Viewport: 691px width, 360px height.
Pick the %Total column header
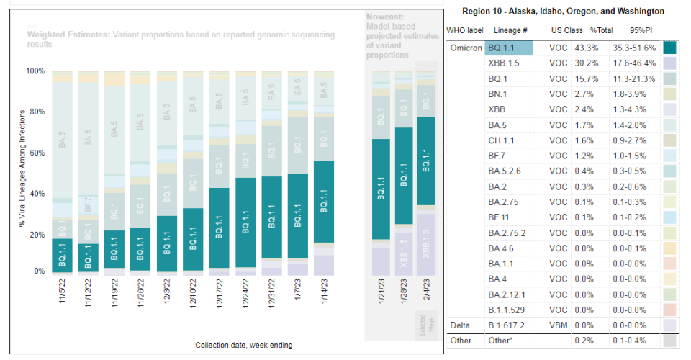[x=582, y=31]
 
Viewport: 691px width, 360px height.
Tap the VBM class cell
[x=559, y=325]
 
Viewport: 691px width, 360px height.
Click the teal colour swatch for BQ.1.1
[x=669, y=48]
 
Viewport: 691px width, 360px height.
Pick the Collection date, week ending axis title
[x=243, y=345]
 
